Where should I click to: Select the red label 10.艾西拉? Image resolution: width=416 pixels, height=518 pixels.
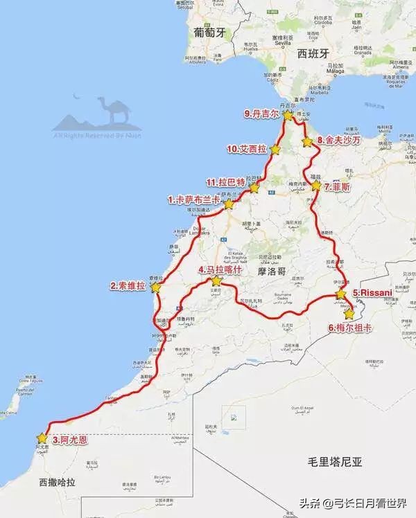coord(248,149)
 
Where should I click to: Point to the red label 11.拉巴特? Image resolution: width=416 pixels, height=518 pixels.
coord(227,182)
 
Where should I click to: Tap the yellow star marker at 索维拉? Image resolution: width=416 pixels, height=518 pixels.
coord(156,287)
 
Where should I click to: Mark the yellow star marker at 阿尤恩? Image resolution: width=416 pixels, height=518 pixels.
coord(44,438)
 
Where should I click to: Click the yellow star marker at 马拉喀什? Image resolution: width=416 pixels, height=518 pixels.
coord(216,281)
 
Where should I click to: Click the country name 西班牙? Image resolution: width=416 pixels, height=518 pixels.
coord(311,53)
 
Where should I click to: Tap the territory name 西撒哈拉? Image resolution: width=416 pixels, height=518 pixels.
coord(59,481)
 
